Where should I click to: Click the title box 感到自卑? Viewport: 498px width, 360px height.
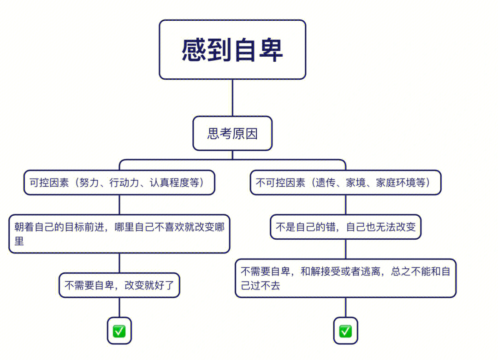(232, 50)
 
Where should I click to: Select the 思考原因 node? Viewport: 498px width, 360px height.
(232, 134)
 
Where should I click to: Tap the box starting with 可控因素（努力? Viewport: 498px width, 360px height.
(119, 183)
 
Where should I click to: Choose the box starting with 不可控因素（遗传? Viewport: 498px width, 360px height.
(345, 183)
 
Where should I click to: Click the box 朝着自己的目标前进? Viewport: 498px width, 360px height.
(119, 234)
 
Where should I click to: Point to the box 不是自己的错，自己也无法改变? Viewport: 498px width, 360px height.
(345, 227)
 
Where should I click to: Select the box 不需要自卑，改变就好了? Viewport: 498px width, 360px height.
(119, 285)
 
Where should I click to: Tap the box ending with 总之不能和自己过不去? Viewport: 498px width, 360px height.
(345, 278)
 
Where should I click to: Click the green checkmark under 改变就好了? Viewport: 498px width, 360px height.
(119, 331)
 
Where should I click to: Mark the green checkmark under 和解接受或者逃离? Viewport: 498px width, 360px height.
(345, 331)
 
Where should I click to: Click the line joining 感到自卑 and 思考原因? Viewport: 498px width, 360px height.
(232, 98)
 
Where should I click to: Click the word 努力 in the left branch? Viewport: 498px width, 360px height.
(89, 183)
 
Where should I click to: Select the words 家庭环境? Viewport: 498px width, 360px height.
(396, 183)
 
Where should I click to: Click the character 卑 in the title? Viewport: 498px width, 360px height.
(270, 50)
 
